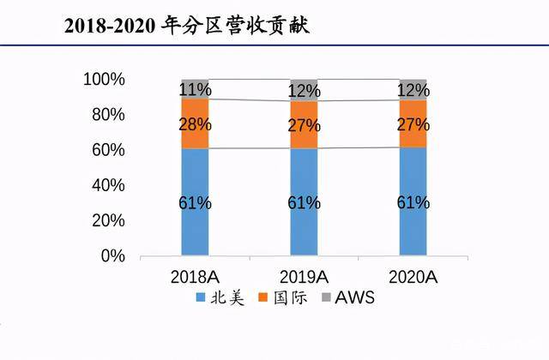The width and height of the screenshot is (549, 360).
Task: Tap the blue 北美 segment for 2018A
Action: (x=196, y=202)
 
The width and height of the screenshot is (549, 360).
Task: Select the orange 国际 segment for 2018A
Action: (x=196, y=124)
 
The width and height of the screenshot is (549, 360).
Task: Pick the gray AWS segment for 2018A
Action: (x=196, y=89)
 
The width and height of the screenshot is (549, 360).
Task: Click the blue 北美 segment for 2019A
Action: (x=304, y=202)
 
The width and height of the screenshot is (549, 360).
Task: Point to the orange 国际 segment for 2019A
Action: (x=304, y=125)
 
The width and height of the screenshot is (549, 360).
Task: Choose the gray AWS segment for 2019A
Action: (x=304, y=90)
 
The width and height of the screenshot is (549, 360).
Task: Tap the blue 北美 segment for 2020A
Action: (x=413, y=202)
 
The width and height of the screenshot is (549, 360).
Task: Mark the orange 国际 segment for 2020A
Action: (x=413, y=125)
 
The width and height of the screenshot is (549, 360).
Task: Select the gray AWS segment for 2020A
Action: (x=413, y=90)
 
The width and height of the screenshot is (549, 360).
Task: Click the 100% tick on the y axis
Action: (x=104, y=80)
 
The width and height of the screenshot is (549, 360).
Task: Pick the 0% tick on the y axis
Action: (x=112, y=255)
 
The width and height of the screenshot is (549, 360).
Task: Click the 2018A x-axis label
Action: (x=196, y=277)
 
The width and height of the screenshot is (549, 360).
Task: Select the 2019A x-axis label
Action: (x=304, y=277)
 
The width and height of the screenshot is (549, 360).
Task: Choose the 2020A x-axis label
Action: (x=413, y=277)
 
